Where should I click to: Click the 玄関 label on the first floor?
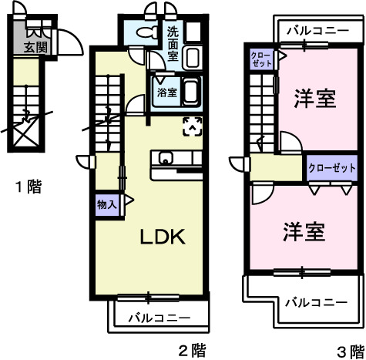click(x=35, y=47)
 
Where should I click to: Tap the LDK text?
click(x=163, y=237)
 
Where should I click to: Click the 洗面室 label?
click(x=173, y=44)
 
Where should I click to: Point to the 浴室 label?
click(x=167, y=93)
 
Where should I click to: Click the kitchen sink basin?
click(x=166, y=158)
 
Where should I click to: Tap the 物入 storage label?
click(x=107, y=205)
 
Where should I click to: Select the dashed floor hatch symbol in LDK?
click(x=193, y=126)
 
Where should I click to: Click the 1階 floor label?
click(x=29, y=187)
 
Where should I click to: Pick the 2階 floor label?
click(x=193, y=351)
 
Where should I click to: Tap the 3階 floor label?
click(x=351, y=352)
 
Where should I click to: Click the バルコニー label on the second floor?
click(x=159, y=318)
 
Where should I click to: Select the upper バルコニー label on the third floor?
click(x=318, y=31)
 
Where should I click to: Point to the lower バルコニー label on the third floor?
click(x=317, y=302)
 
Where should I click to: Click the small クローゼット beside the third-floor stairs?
click(x=261, y=59)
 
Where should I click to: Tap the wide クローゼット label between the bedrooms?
click(x=332, y=168)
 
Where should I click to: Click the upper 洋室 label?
click(x=315, y=98)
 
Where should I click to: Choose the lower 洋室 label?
click(x=304, y=232)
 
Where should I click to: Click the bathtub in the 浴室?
click(x=191, y=92)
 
